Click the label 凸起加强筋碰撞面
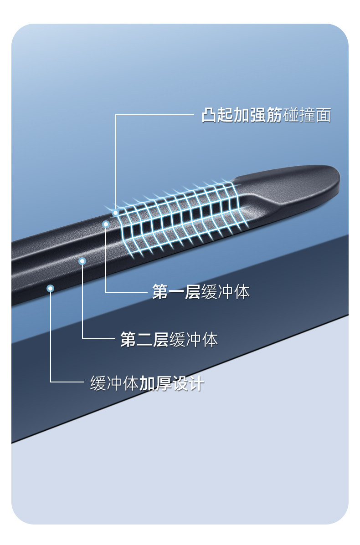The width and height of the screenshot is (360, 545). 266,115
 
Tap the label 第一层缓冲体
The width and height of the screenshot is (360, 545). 201,292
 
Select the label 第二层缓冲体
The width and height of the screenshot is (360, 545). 169,339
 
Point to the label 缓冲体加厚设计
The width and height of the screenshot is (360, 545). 147,384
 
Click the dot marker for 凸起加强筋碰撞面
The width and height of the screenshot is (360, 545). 116,213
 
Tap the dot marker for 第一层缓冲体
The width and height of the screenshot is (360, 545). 106,224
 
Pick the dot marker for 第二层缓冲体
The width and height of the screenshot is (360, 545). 82,261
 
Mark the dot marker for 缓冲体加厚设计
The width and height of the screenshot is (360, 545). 51,288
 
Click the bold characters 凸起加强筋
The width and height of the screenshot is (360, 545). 242,115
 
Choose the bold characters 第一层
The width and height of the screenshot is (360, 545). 176,292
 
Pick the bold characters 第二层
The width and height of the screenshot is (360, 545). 144,339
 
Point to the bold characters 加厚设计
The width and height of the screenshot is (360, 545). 171,384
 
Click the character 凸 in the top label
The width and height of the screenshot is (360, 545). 209,115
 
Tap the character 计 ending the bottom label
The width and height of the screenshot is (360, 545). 196,384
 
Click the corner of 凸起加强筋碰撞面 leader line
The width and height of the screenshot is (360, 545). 116,115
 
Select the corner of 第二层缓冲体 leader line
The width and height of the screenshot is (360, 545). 82,339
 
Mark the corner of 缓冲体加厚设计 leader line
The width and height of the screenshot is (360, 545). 51,382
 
